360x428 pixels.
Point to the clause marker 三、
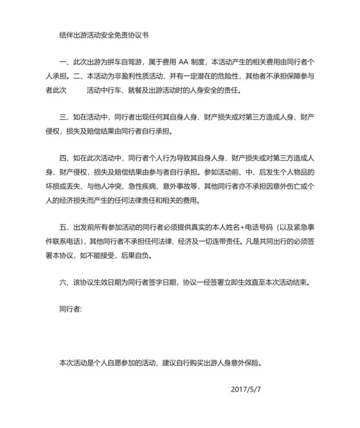pyautogui.click(x=63, y=118)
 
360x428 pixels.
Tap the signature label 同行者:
pyautogui.click(x=70, y=310)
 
